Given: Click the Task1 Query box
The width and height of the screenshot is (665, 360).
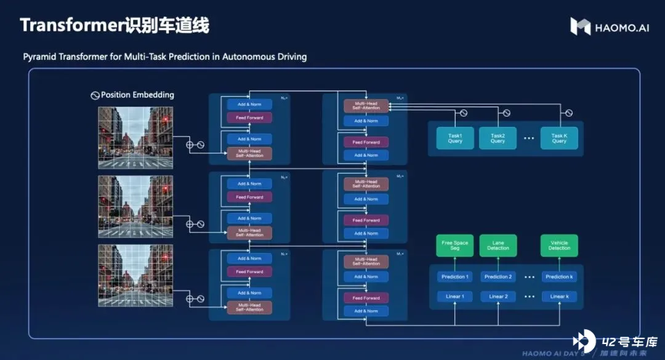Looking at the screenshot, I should coord(454,138).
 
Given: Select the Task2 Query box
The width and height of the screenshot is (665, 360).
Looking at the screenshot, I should coord(498,138).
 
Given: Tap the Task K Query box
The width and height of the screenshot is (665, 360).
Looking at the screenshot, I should coord(559,138).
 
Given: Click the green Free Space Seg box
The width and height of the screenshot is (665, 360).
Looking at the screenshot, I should coord(454,245).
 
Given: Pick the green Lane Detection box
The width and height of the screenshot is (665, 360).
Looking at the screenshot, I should coord(498,245).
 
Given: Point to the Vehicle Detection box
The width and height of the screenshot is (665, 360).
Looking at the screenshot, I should coord(559,245).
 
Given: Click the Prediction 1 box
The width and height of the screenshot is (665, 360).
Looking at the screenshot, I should coord(454,277).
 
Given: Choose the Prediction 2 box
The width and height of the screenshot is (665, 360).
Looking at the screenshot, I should coord(498,277).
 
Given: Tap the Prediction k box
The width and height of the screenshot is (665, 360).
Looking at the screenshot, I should coord(559,277).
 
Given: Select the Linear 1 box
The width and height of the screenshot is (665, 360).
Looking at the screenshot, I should coord(454,297).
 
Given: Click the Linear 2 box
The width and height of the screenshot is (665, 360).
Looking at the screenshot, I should coord(498,297).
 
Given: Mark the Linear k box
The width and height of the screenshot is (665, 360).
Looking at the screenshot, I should coord(559,297).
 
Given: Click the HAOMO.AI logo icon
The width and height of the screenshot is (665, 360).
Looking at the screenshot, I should coord(580,26).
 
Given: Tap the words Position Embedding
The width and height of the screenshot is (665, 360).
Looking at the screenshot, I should coord(137,95).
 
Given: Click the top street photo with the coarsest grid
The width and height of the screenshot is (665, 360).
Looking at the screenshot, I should coord(132,137).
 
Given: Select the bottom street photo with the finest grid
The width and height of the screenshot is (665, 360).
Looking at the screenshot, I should coord(132,274).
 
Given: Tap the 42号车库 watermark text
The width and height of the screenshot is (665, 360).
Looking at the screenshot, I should coord(629,342).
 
